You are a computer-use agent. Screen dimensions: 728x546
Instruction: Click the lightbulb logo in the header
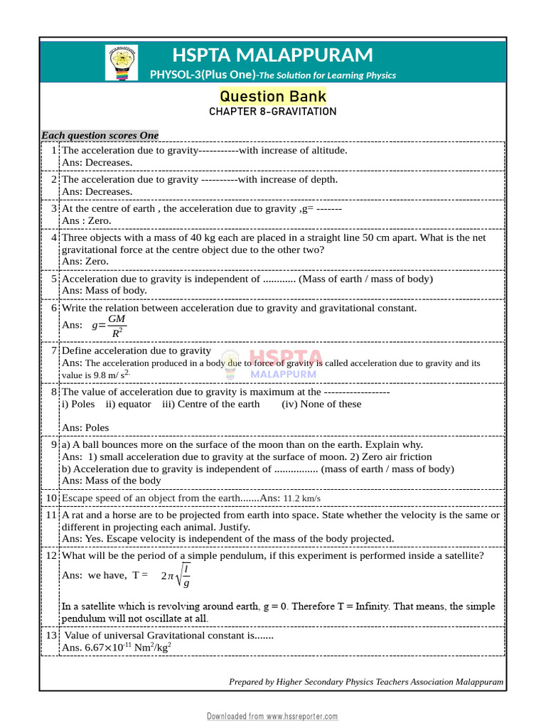click(x=122, y=62)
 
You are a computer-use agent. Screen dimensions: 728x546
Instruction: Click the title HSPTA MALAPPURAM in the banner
click(x=272, y=55)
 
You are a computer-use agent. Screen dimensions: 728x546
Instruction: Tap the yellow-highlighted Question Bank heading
click(x=273, y=96)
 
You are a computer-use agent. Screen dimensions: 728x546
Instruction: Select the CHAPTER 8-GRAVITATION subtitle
click(x=273, y=112)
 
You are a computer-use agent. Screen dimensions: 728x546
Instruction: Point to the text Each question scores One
click(x=100, y=135)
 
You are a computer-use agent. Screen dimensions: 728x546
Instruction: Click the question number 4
click(x=54, y=237)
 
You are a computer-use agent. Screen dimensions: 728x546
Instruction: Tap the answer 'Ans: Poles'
click(x=85, y=427)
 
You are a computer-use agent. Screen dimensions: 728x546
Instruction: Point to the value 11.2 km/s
click(x=302, y=499)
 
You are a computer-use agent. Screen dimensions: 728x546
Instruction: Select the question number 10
click(x=51, y=498)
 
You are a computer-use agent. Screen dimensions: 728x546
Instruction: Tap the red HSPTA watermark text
click(x=285, y=358)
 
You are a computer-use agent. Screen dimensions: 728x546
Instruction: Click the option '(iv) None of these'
click(x=321, y=404)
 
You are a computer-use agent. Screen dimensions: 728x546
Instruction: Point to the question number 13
click(x=51, y=635)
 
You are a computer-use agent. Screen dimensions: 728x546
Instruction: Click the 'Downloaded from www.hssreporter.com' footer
click(x=272, y=716)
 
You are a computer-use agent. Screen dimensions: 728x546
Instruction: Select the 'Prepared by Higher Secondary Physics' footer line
click(x=366, y=682)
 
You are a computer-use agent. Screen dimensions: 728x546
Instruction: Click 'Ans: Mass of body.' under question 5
click(x=105, y=290)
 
